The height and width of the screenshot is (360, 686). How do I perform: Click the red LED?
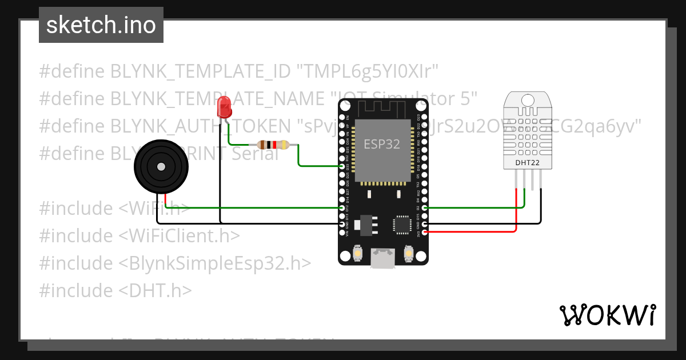[224, 107]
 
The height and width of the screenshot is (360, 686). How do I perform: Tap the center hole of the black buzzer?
[161, 166]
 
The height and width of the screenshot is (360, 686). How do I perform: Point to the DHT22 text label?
[528, 162]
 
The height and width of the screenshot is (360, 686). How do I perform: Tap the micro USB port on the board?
[382, 258]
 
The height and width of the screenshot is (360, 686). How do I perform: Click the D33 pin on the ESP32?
[342, 166]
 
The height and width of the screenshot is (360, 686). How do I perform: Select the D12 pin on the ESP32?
[342, 208]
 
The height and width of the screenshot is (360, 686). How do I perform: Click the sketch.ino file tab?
[101, 25]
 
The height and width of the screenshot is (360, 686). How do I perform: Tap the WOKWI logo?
[608, 315]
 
